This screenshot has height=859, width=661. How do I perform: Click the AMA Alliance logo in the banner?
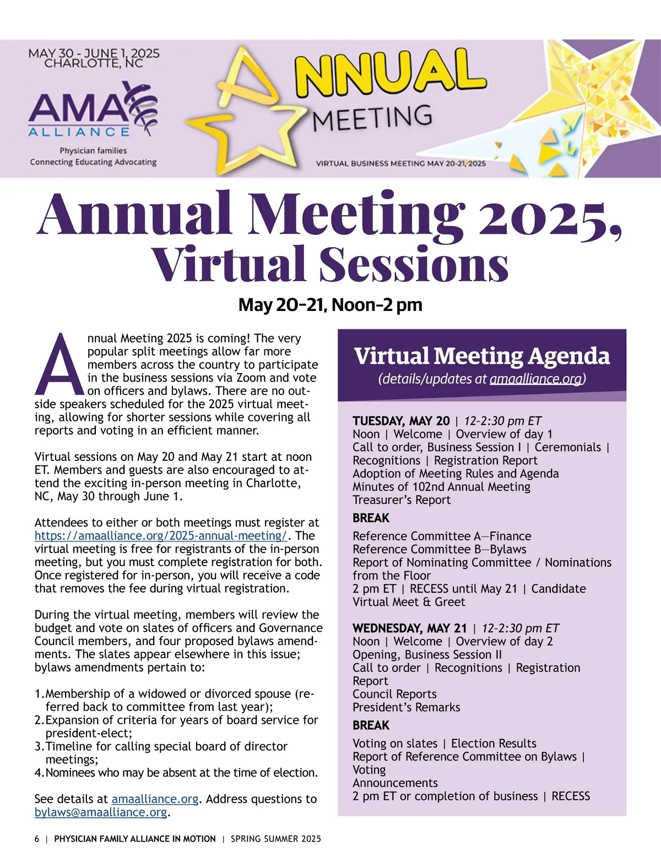pyautogui.click(x=93, y=110)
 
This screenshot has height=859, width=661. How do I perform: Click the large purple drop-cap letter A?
pyautogui.click(x=59, y=365)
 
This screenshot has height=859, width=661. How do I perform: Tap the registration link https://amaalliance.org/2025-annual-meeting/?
pyautogui.click(x=161, y=536)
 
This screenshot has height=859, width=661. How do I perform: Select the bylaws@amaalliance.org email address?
pyautogui.click(x=100, y=812)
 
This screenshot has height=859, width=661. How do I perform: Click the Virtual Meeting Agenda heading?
pyautogui.click(x=481, y=356)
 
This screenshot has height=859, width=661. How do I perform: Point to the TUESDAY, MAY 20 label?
pyautogui.click(x=401, y=421)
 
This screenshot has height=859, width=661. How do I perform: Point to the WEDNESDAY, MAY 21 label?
pyautogui.click(x=409, y=629)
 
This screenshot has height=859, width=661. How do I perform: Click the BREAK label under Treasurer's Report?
pyautogui.click(x=371, y=518)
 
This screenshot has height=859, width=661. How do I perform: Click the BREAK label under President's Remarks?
pyautogui.click(x=371, y=726)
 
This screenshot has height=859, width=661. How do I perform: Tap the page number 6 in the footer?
pyautogui.click(x=37, y=839)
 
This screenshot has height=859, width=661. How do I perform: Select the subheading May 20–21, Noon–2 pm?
pyautogui.click(x=330, y=305)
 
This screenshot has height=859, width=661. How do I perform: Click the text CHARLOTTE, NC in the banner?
pyautogui.click(x=94, y=63)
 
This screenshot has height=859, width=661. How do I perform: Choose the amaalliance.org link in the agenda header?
pyautogui.click(x=536, y=379)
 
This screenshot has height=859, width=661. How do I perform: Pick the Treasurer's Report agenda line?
pyautogui.click(x=402, y=500)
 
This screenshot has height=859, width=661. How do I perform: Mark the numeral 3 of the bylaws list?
pyautogui.click(x=39, y=747)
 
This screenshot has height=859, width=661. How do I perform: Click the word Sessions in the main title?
pyautogui.click(x=413, y=265)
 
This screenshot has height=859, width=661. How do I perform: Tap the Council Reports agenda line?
pyautogui.click(x=394, y=694)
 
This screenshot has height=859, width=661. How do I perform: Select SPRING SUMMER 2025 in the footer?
pyautogui.click(x=275, y=839)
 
